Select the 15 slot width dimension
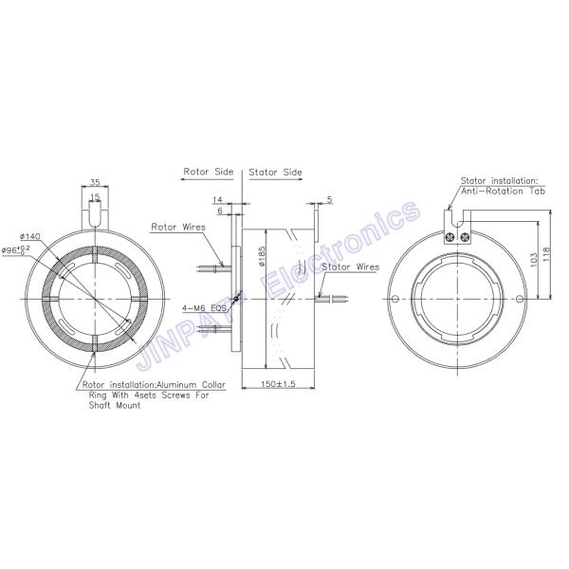(95, 196)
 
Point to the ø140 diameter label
(30, 234)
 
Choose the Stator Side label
(275, 174)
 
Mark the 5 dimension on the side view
(328, 199)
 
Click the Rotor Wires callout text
(177, 228)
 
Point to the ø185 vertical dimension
(260, 253)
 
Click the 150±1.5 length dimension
(278, 384)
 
